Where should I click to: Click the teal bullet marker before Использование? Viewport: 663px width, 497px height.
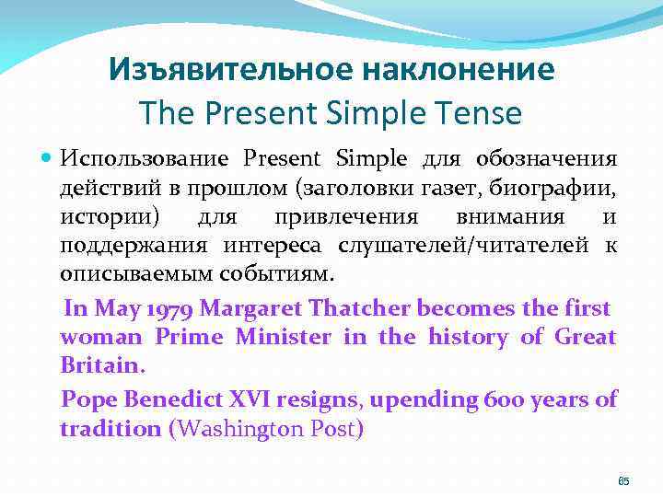coord(48,158)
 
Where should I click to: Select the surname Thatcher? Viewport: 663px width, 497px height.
coord(360,306)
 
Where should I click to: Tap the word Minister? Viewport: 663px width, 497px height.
coord(283,337)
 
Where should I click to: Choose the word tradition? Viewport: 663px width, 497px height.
coord(110,429)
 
